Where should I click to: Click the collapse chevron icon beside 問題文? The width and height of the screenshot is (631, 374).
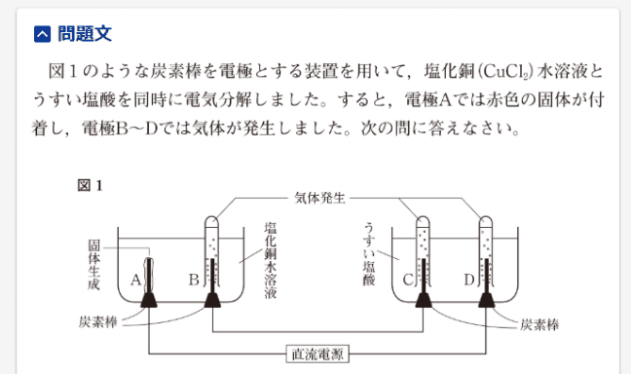(40, 35)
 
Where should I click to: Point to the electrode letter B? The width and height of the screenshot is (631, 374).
(193, 280)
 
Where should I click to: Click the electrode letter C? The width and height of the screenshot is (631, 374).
(408, 280)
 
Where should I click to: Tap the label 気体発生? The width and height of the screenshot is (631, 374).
(322, 196)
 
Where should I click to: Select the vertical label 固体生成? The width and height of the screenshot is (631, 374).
(93, 261)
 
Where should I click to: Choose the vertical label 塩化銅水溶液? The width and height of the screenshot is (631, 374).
(270, 257)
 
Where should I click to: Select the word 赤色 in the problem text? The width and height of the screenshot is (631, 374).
(479, 100)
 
